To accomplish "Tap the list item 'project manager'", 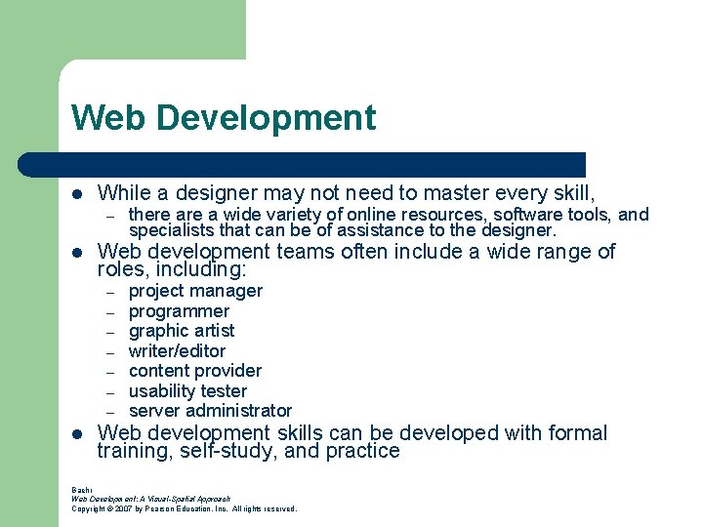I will [195, 291].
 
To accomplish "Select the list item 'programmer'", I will [179, 311].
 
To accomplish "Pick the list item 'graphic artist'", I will [182, 331].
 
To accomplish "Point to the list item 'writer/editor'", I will [177, 351].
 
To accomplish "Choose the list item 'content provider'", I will [195, 371].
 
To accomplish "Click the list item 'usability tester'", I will [187, 391].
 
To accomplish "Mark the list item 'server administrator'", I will [210, 411].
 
